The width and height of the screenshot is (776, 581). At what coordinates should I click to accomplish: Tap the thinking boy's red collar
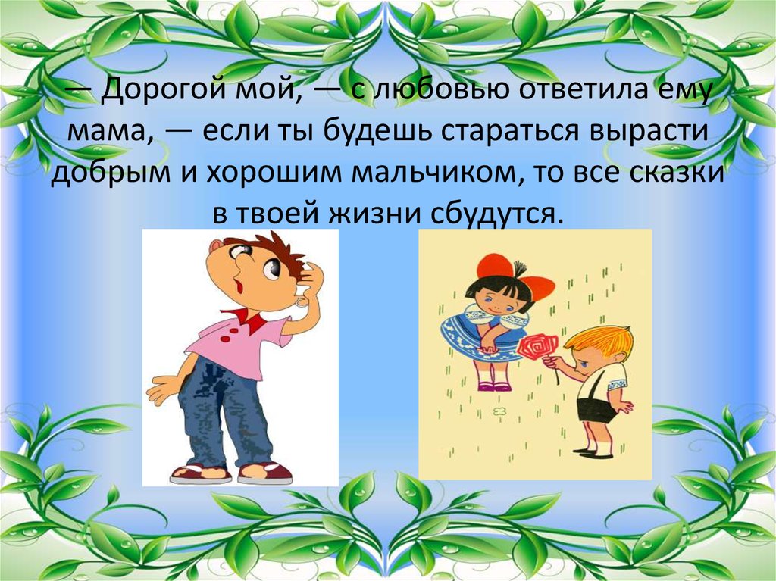245,318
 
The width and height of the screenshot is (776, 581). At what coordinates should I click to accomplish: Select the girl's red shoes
492,386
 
